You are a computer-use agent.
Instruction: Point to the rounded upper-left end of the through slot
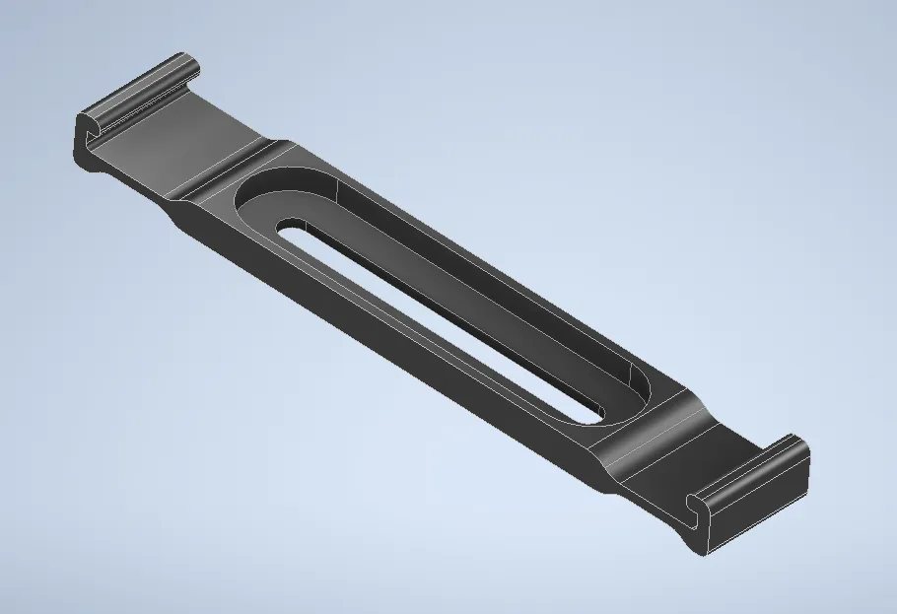(x=288, y=229)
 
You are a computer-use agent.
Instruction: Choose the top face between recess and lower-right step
(x=641, y=434)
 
